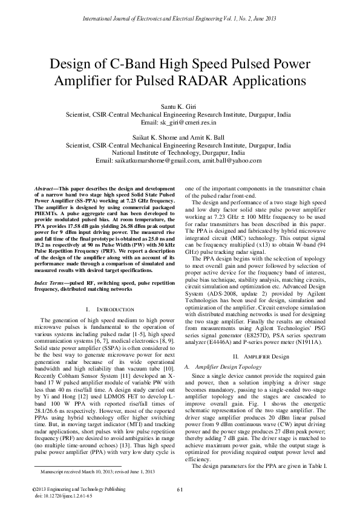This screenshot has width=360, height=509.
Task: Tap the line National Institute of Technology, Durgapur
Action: pyautogui.click(x=180, y=153)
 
